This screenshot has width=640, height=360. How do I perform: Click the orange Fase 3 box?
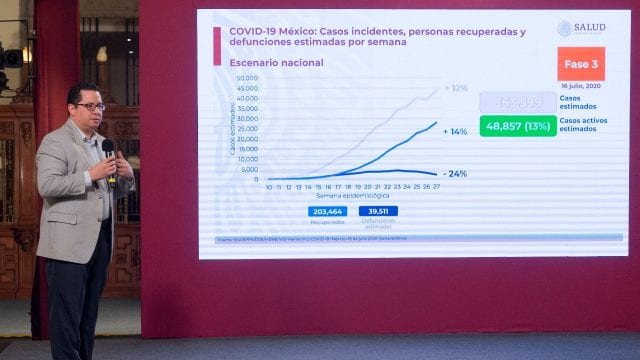click(x=581, y=64)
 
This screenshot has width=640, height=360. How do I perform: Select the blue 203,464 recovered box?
click(x=327, y=211)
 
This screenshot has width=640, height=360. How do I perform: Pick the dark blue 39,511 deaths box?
click(x=377, y=211)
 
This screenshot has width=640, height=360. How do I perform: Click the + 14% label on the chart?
click(x=456, y=131)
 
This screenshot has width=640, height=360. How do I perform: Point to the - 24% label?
click(x=455, y=173)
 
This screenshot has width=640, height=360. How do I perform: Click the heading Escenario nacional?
click(x=256, y=62)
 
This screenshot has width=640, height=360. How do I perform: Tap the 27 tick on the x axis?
click(x=435, y=186)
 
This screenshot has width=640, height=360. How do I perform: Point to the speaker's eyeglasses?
click(x=89, y=107)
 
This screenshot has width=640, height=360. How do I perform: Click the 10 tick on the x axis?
click(x=268, y=186)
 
